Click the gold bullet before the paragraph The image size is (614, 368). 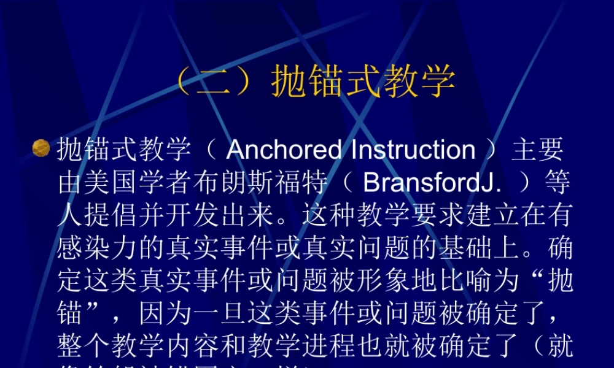41,148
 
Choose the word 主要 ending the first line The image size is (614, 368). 538,150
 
